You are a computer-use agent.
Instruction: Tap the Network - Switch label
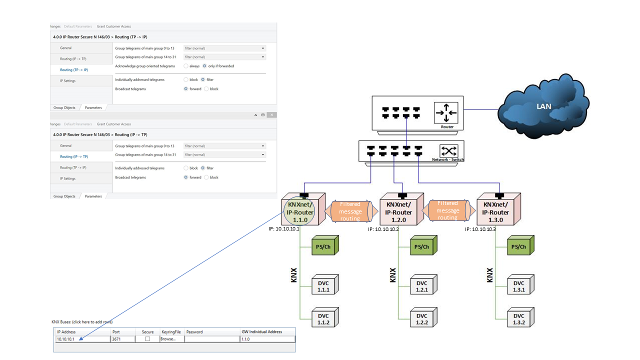coord(447,159)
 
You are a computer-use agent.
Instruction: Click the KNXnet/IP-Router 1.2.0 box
coord(398,211)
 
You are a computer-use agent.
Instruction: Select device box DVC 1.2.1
coord(422,286)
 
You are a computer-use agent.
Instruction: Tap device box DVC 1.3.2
coord(519,319)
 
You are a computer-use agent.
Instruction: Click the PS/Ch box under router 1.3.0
coord(519,246)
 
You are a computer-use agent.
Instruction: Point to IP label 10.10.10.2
coord(383,229)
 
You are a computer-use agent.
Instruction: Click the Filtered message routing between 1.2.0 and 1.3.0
coord(447,210)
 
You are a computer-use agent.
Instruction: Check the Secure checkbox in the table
coord(147,339)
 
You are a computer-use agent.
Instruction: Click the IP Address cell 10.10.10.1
coord(82,339)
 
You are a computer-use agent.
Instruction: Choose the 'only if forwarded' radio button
coord(204,66)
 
